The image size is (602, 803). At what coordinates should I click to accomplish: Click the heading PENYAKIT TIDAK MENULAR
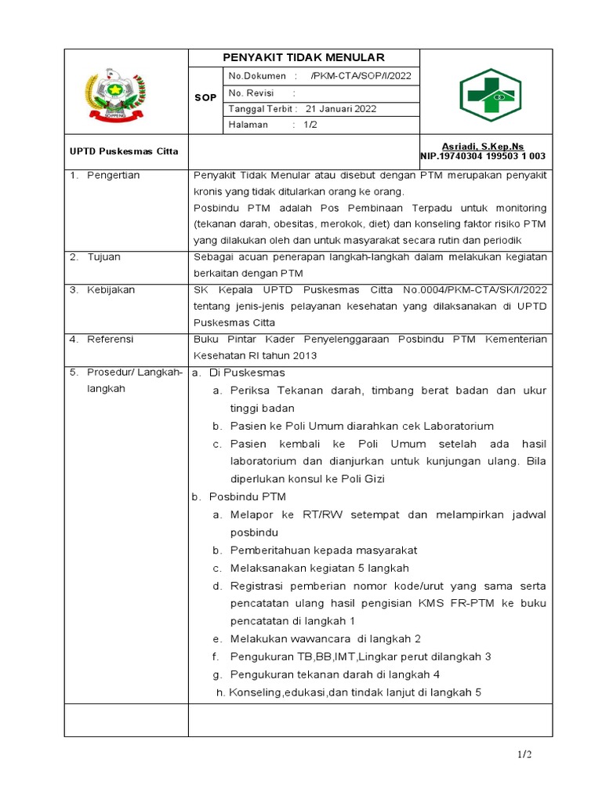click(303, 58)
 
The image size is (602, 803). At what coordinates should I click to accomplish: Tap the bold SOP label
click(205, 98)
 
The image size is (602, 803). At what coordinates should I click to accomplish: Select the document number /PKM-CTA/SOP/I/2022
click(361, 76)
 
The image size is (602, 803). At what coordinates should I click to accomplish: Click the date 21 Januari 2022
click(341, 109)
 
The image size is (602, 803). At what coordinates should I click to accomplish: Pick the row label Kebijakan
click(111, 290)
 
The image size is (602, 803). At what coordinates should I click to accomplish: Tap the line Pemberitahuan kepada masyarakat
click(323, 550)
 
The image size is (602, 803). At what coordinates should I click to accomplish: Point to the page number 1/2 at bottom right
click(524, 754)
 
